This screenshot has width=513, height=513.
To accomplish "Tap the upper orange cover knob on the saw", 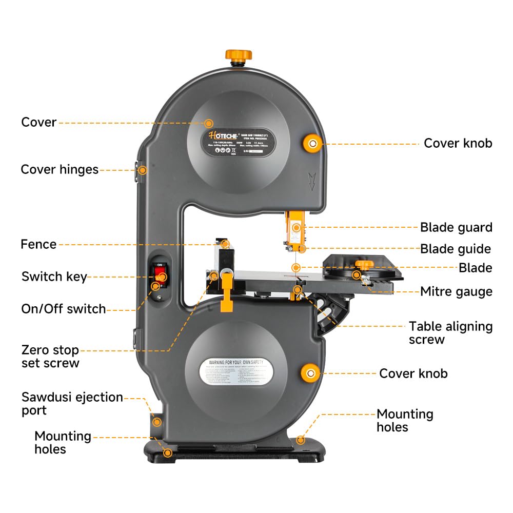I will pyautogui.click(x=312, y=142).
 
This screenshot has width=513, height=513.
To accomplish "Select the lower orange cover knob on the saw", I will pyautogui.click(x=310, y=372).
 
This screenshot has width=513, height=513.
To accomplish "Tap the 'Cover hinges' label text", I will pyautogui.click(x=60, y=169).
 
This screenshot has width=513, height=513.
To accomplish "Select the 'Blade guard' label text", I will pyautogui.click(x=456, y=227).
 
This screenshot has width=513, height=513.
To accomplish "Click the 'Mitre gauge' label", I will pyautogui.click(x=456, y=292).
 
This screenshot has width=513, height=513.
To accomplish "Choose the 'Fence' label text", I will pyautogui.click(x=38, y=244).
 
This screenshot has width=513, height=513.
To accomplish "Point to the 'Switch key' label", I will pyautogui.click(x=54, y=277).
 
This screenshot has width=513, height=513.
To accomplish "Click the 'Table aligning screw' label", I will pyautogui.click(x=450, y=332).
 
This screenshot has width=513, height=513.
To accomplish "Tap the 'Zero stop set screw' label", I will pyautogui.click(x=50, y=357).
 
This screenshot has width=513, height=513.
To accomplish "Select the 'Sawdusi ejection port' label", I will pyautogui.click(x=72, y=403).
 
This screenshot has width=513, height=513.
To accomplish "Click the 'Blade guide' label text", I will pyautogui.click(x=456, y=249).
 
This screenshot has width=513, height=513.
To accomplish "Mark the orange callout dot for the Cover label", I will pyautogui.click(x=209, y=123).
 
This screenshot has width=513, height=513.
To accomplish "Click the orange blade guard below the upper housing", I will pyautogui.click(x=295, y=226).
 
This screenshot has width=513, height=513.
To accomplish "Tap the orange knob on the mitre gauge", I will pyautogui.click(x=365, y=264).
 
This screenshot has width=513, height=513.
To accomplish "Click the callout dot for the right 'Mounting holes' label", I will pyautogui.click(x=301, y=440).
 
